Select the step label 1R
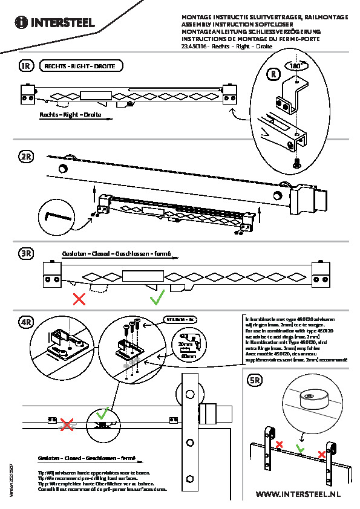click(x=25, y=66)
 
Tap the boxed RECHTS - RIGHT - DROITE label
click(x=80, y=66)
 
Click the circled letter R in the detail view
click(x=274, y=74)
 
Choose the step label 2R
click(x=25, y=157)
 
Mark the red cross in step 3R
click(x=79, y=298)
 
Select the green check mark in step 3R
click(x=157, y=297)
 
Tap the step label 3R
click(x=25, y=254)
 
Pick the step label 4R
click(x=25, y=321)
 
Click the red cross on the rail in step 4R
click(x=67, y=424)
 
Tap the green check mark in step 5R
click(x=299, y=449)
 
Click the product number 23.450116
click(x=194, y=46)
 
